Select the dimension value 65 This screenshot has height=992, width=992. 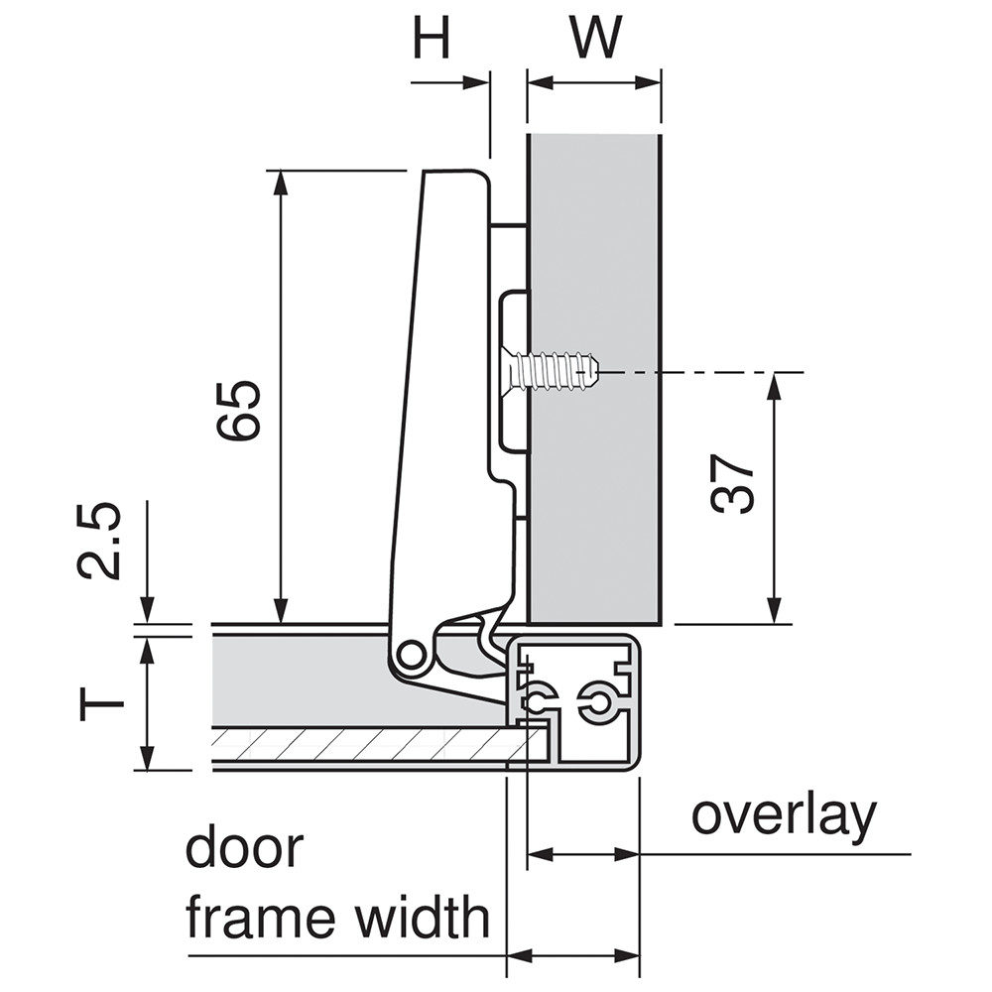pos(241,408)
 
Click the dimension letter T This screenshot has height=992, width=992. pos(102,703)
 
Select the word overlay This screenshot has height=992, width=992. pos(784,816)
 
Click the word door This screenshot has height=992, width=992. pos(244,849)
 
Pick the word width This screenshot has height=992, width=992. pos(423,919)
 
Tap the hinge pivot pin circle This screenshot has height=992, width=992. pos(407,656)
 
